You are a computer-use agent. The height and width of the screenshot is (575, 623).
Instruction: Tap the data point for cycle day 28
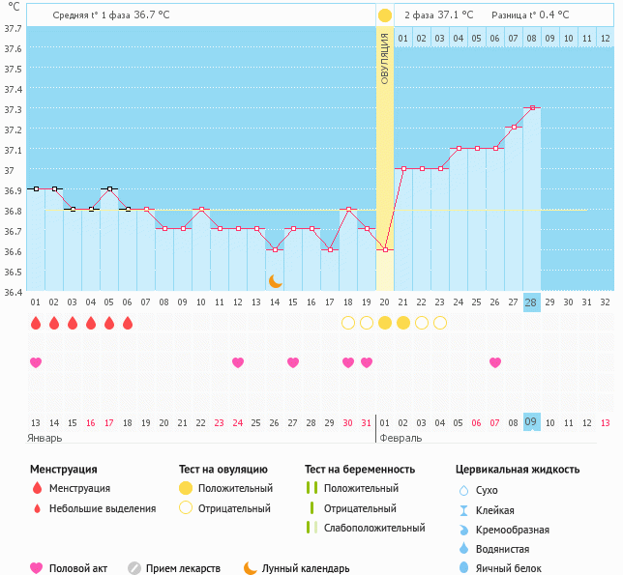532,108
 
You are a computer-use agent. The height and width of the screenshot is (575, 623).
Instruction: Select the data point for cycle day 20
385,249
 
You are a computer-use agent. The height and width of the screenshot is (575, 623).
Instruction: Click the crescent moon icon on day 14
276,280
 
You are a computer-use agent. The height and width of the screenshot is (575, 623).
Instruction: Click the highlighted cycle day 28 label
531,302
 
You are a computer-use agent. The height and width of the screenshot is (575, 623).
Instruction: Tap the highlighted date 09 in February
531,422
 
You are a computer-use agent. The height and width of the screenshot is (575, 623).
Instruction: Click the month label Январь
45,438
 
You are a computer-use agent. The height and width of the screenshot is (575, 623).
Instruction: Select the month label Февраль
400,438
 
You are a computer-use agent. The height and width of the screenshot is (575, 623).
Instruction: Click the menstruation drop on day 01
36,323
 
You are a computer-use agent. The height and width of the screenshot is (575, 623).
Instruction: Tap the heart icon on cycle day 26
495,362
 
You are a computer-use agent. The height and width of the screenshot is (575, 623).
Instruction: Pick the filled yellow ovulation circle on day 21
403,323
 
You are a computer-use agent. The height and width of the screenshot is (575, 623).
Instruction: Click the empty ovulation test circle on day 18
348,323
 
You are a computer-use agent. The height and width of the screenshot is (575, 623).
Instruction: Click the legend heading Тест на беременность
359,469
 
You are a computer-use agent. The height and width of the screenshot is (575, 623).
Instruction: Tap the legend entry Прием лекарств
183,568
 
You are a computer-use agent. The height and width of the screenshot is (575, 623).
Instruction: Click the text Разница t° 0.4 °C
530,14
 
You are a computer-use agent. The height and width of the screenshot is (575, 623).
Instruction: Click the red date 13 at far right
606,422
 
